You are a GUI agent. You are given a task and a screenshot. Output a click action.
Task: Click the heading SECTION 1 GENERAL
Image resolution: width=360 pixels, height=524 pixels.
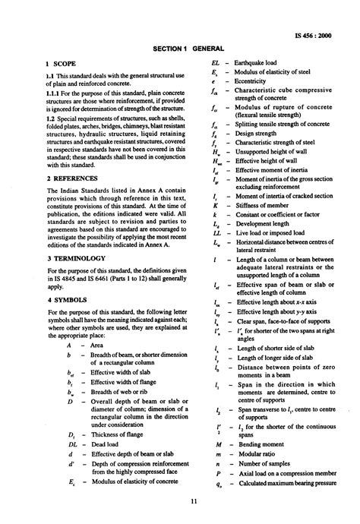(180, 48)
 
